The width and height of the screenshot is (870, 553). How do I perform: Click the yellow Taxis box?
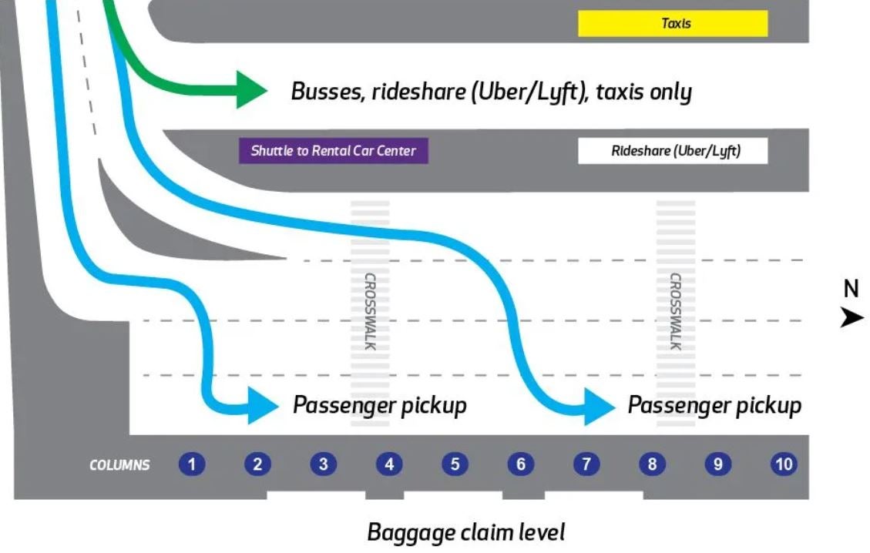point(673,23)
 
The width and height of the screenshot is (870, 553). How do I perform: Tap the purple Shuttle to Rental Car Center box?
point(333,151)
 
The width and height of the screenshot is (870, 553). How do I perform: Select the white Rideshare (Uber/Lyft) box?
point(673,151)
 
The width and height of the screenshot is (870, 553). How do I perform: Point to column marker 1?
point(192,464)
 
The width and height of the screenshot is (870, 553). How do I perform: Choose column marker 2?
point(257,464)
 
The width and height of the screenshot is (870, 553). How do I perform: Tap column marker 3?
point(324,464)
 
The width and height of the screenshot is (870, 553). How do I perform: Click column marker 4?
point(389,464)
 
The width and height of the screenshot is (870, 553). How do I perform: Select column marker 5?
point(455,464)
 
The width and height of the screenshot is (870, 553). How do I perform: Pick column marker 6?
point(521,464)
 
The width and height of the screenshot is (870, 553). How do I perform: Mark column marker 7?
point(586,464)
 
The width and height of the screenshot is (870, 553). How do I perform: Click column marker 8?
point(653,464)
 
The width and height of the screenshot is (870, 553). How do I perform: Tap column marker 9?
point(718,464)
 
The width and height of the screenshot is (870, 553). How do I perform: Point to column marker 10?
point(784,464)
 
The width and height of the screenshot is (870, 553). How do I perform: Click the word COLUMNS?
point(119,465)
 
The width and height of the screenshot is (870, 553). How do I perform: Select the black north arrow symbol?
point(852,317)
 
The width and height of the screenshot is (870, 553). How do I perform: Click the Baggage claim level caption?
point(465,532)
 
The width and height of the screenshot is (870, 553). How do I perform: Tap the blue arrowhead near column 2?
point(261,405)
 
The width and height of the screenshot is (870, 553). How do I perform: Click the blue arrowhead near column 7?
point(598,406)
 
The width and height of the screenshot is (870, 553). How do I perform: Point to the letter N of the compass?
point(851,289)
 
